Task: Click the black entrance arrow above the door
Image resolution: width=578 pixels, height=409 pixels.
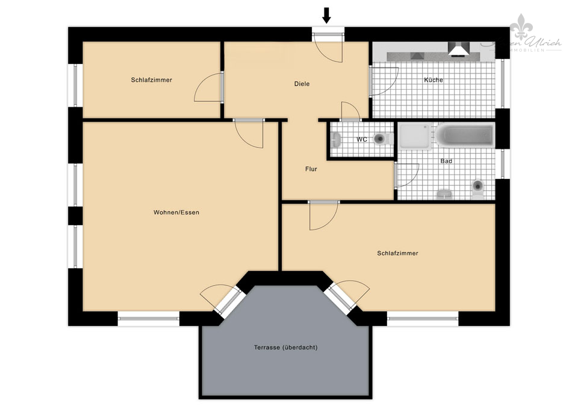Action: (327, 15)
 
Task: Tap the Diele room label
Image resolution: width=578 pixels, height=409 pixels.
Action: (302, 84)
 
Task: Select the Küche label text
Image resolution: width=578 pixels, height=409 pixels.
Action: (433, 80)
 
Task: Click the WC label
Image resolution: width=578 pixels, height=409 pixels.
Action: (362, 140)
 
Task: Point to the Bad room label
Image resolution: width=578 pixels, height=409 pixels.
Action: (446, 161)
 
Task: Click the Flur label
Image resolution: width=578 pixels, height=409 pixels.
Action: (311, 169)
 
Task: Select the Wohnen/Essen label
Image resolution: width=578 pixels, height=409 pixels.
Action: (176, 213)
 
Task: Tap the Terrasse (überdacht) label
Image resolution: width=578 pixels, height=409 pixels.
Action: (285, 348)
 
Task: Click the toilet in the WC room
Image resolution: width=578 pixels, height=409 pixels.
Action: (381, 139)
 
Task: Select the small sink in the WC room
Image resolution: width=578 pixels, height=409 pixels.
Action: (337, 140)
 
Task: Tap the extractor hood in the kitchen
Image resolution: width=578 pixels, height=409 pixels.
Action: (458, 49)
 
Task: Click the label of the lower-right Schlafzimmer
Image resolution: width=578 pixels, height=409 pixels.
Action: (397, 254)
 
